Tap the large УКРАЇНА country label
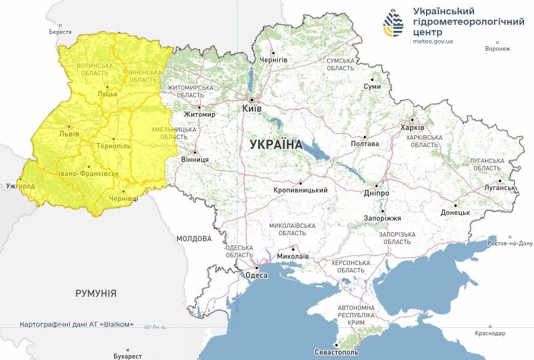(276, 144)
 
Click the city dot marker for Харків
(412, 120)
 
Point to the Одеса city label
(257, 275)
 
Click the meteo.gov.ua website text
(433, 41)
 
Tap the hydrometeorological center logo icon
(393, 24)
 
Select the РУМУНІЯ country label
(96, 293)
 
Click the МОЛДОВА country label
(193, 238)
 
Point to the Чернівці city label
(124, 199)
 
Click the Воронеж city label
(498, 49)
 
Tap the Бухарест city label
(128, 356)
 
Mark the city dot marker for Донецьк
(456, 206)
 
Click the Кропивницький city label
(300, 191)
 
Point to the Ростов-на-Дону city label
(510, 243)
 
